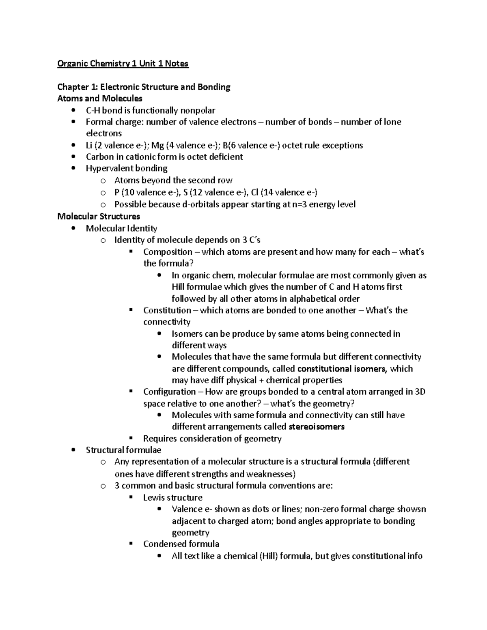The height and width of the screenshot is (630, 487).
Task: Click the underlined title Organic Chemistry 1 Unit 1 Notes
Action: pyautogui.click(x=123, y=63)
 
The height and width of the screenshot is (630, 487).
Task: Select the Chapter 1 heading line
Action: pyautogui.click(x=144, y=87)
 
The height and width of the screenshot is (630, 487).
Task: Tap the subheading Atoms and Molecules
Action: pyautogui.click(x=100, y=99)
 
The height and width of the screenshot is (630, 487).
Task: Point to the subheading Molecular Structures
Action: pyautogui.click(x=99, y=216)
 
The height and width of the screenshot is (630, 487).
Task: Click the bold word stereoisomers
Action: pyautogui.click(x=316, y=427)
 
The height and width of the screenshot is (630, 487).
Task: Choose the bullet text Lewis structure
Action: pyautogui.click(x=172, y=497)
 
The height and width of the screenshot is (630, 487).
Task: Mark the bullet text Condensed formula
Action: pyautogui.click(x=181, y=544)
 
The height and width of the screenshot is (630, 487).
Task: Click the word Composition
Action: pyautogui.click(x=168, y=252)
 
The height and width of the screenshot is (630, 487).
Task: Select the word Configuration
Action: pyautogui.click(x=170, y=392)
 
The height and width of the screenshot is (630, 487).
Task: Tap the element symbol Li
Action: pyautogui.click(x=89, y=145)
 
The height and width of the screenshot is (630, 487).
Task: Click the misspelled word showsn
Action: pyautogui.click(x=412, y=509)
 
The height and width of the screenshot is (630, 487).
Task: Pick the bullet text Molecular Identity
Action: pyautogui.click(x=121, y=228)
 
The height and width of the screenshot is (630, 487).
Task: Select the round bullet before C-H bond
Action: pyautogui.click(x=73, y=110)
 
